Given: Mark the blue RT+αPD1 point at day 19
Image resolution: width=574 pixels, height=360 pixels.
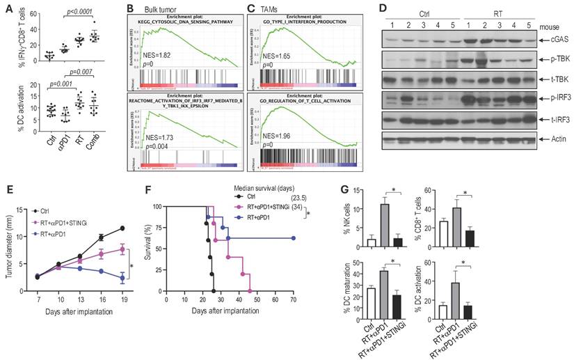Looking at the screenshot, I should click(122, 278).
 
